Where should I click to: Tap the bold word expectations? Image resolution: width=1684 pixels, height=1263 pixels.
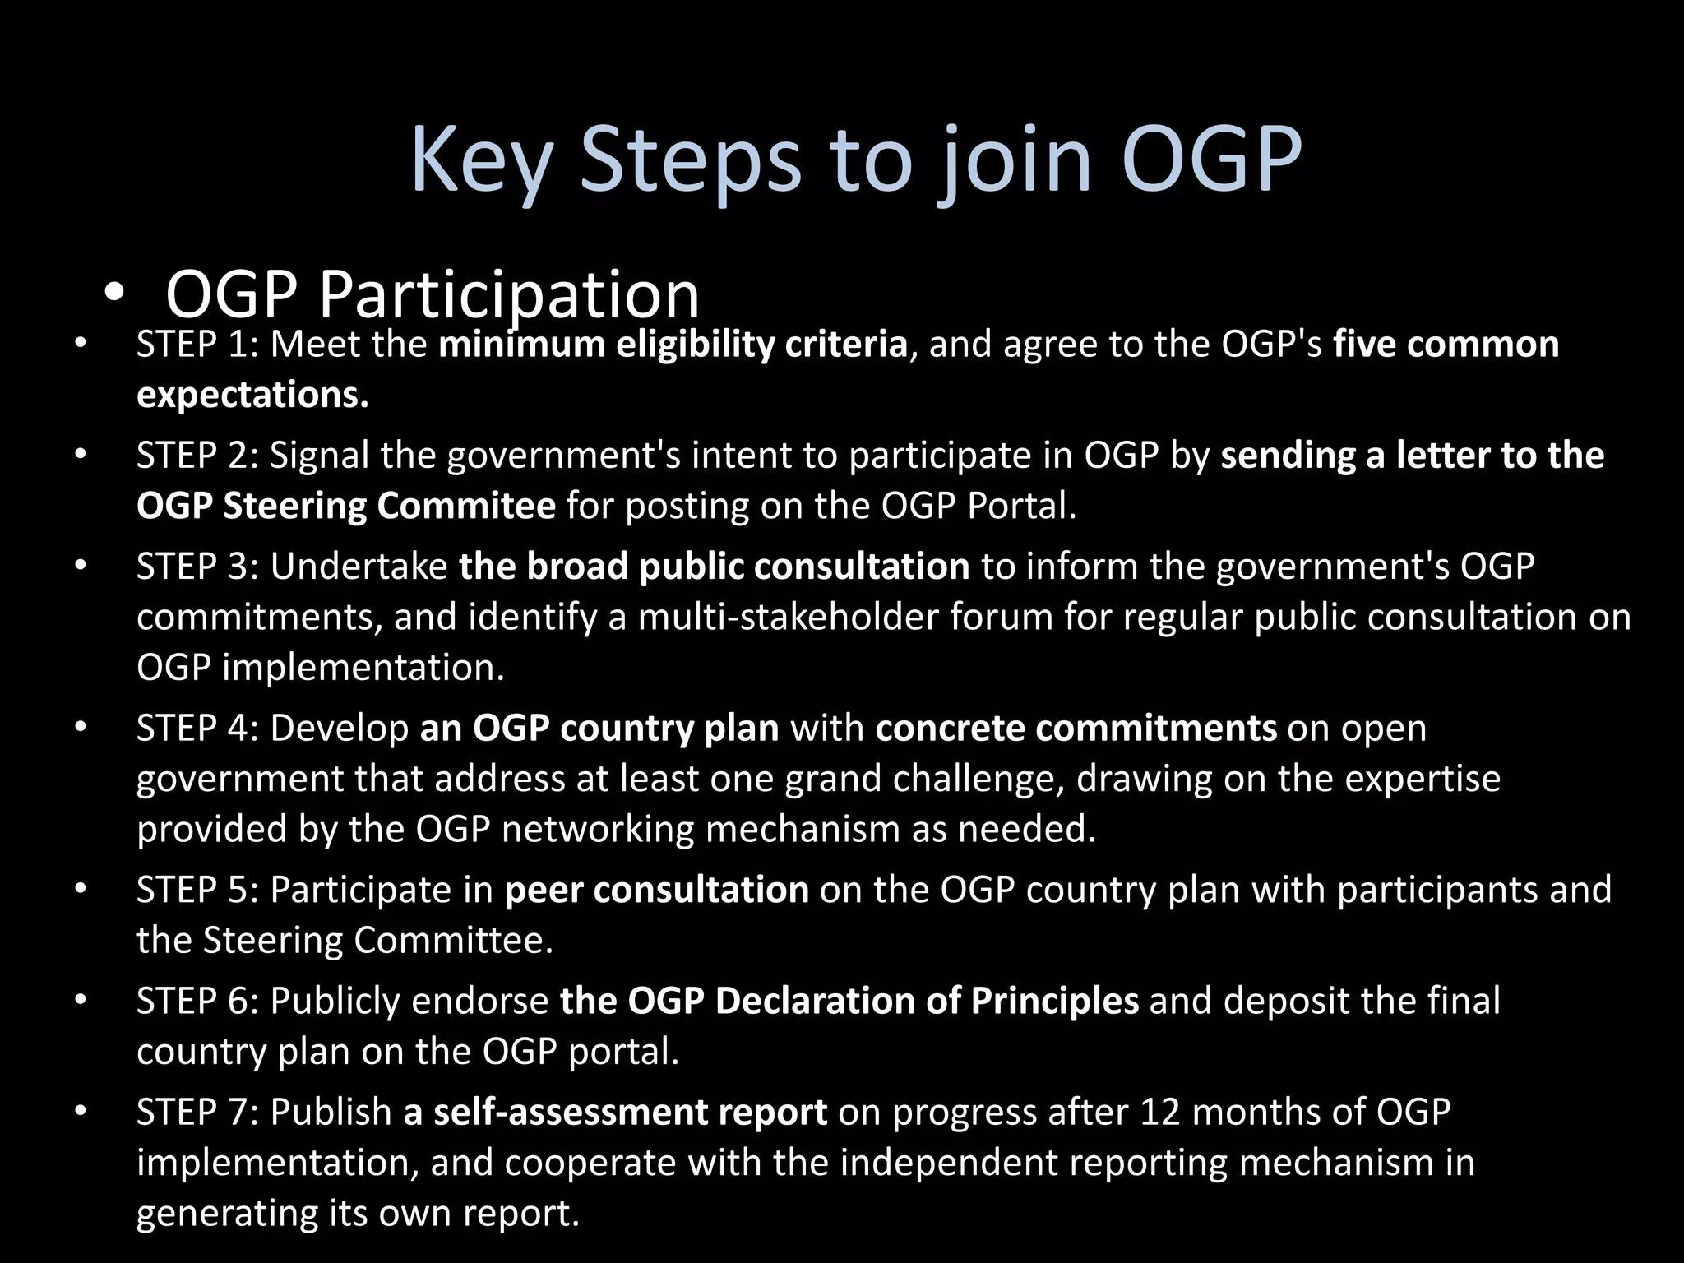click(x=252, y=395)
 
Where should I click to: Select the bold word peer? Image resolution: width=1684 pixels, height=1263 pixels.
click(x=544, y=891)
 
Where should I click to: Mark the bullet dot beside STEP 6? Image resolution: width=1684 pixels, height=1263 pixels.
click(x=80, y=1001)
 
